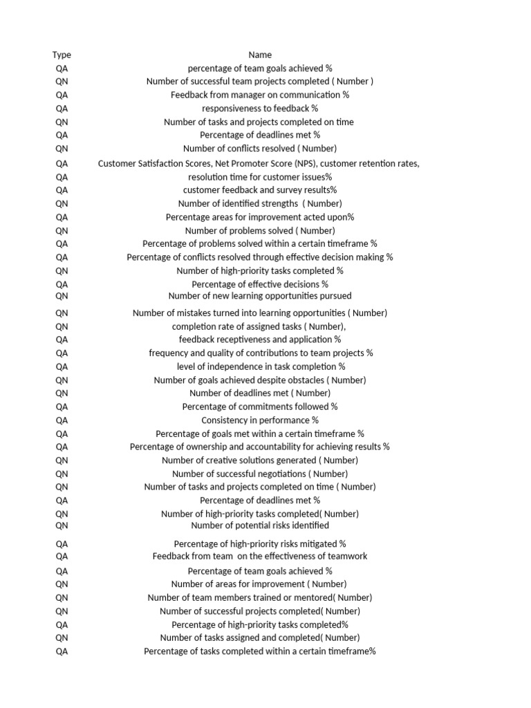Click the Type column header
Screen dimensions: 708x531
point(62,55)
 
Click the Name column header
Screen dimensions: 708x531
point(260,55)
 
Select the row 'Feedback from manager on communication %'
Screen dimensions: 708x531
point(260,95)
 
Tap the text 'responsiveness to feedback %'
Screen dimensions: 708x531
point(260,109)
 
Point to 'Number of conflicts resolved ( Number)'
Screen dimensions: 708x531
point(260,149)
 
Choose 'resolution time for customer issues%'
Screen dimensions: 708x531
point(260,177)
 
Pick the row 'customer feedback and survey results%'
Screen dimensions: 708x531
point(260,190)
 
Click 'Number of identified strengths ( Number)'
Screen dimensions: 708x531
point(260,204)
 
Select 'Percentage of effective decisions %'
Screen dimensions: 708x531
point(260,284)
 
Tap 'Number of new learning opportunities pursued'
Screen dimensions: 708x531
point(260,296)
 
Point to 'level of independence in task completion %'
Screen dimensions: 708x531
point(260,366)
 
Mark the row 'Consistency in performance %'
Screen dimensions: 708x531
point(260,420)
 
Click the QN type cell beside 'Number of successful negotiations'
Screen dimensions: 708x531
point(62,474)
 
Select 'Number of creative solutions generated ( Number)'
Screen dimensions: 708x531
point(260,460)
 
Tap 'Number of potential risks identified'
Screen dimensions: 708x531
point(260,525)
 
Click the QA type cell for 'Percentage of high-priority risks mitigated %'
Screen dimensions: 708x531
point(62,544)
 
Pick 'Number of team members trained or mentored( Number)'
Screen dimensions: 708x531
point(260,598)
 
